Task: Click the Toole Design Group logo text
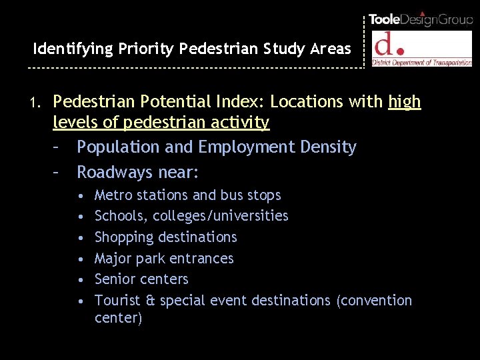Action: point(421,19)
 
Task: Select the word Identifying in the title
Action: point(73,49)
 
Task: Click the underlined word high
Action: point(404,102)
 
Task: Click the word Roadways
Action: point(115,173)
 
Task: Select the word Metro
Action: point(113,195)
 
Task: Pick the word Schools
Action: point(121,216)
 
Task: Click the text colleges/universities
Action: point(221,216)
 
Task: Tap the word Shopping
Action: point(123,237)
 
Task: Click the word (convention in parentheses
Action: point(374,301)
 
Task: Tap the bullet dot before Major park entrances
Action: point(80,259)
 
